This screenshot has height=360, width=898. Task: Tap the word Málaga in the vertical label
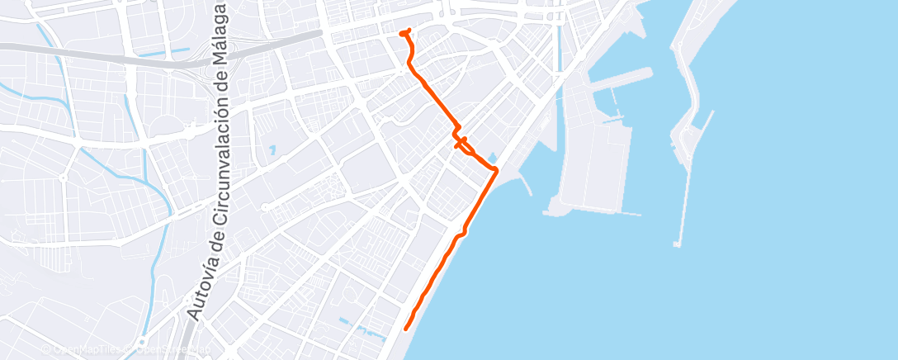220,38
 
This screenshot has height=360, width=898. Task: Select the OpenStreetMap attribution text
168,349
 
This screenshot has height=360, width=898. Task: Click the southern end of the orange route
405,329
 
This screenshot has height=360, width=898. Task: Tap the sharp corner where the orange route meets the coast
495,169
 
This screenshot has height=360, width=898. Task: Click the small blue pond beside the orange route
492,157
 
